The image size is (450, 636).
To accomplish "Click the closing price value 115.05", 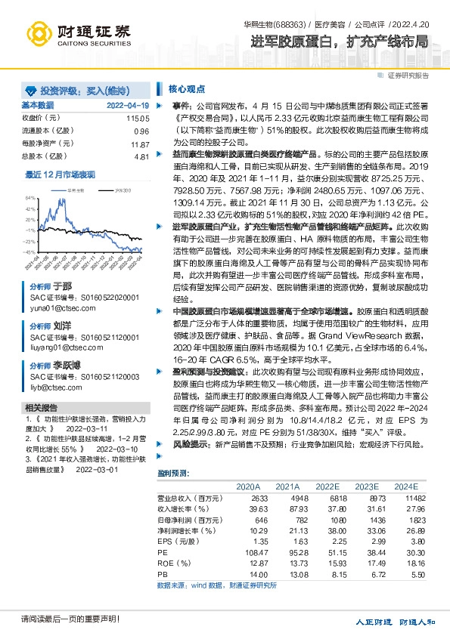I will click(x=138, y=119).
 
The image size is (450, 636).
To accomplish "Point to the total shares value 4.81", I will click(x=141, y=156).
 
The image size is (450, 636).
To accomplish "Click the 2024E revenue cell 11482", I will click(x=406, y=499).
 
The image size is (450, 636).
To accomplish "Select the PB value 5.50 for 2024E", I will click(x=409, y=575).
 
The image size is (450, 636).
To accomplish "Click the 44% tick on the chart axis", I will click(x=30, y=208).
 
